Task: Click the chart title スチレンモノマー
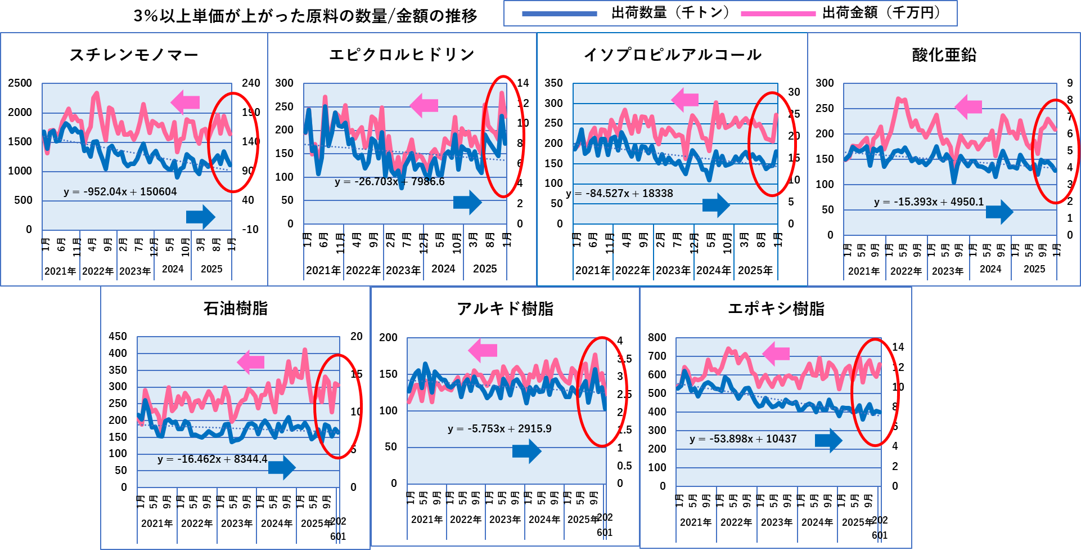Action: point(134,55)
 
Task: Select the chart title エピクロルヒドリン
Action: point(402,55)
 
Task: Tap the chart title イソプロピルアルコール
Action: point(673,55)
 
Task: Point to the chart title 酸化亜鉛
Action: point(944,55)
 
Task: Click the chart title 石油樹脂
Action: point(236,308)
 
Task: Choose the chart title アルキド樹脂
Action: point(505,308)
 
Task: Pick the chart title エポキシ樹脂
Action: point(776,308)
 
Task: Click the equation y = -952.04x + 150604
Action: point(120,192)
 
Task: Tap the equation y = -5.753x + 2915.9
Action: point(499,429)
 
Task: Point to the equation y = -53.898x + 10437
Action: point(743,439)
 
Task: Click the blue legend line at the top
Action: point(560,14)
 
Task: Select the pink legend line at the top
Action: point(778,14)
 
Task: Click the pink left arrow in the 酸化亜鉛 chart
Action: point(968,106)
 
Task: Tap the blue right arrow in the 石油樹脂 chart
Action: point(282,467)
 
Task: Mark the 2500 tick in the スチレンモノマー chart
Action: point(20,83)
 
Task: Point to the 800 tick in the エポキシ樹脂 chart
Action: point(657,337)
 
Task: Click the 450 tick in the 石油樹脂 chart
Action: point(118,337)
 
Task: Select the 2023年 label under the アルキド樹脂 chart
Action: point(505,520)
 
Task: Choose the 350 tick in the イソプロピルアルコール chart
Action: point(553,83)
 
